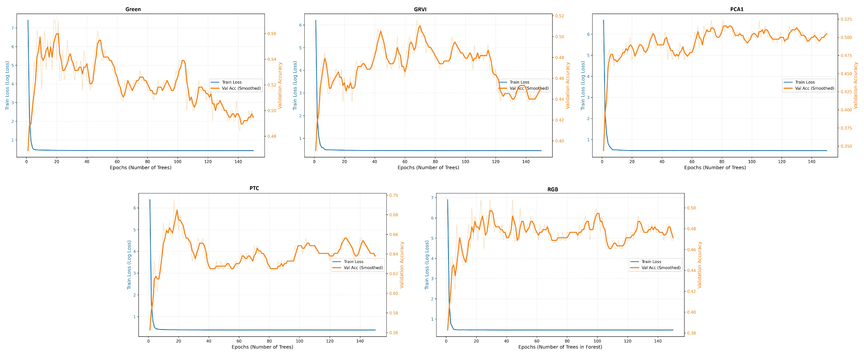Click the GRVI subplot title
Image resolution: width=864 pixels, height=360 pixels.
pyautogui.click(x=420, y=9)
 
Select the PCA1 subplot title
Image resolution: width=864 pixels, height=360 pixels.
pyautogui.click(x=737, y=9)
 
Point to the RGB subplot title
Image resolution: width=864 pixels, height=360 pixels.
pyautogui.click(x=553, y=189)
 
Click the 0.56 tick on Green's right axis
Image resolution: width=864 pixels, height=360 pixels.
pyautogui.click(x=271, y=33)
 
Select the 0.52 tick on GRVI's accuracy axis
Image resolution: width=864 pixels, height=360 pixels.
pyautogui.click(x=560, y=16)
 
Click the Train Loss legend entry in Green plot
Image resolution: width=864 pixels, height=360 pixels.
pyautogui.click(x=231, y=82)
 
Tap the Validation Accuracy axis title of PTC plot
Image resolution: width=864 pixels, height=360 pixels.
pyautogui.click(x=402, y=265)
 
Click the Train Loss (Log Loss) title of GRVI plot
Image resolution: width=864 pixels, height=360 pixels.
pyautogui.click(x=295, y=85)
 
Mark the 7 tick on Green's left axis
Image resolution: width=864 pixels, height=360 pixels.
pyautogui.click(x=13, y=28)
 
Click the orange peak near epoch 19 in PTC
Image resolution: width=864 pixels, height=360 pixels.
pyautogui.click(x=177, y=210)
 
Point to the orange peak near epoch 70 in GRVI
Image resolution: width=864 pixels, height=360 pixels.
pyautogui.click(x=420, y=26)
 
